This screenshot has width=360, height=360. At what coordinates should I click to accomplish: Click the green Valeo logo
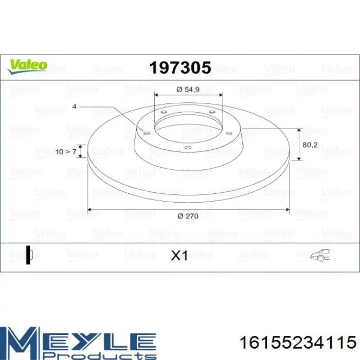(27, 67)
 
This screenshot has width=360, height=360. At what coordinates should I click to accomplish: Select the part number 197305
(180, 68)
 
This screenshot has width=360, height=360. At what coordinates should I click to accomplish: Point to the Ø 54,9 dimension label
(188, 89)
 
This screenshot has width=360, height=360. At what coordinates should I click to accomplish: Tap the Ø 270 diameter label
(188, 217)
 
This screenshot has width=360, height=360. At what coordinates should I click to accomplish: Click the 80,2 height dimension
(310, 145)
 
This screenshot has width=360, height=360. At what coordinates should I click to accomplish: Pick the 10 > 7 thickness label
(66, 152)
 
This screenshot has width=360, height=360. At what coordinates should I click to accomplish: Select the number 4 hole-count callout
(74, 106)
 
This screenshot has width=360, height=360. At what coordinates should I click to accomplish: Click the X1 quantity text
(179, 256)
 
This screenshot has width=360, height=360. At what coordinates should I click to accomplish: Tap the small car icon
(320, 255)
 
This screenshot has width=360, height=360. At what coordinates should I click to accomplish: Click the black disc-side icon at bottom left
(29, 255)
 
